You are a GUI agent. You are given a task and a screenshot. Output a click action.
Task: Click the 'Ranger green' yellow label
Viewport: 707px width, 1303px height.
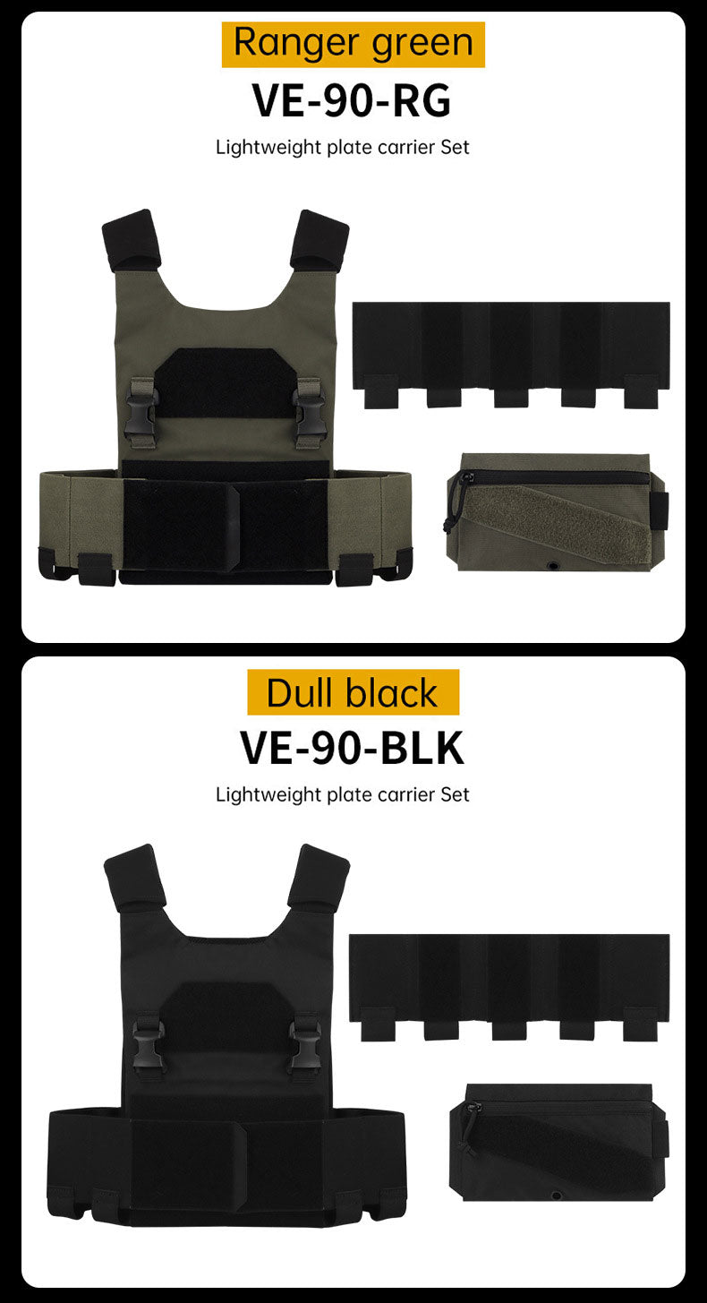[x=353, y=44]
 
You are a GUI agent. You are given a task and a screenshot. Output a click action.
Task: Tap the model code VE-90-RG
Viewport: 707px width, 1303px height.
[x=352, y=100]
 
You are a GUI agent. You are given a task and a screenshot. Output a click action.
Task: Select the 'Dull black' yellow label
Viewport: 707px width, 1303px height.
[x=353, y=691]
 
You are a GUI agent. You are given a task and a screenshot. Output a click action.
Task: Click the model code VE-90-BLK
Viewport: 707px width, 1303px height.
[x=353, y=748]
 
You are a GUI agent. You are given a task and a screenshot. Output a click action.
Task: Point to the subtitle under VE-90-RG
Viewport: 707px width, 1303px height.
[x=342, y=147]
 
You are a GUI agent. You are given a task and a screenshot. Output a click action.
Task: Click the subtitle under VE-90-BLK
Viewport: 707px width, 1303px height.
[x=342, y=794]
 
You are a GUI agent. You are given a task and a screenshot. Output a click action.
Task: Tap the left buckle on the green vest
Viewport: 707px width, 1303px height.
[x=141, y=413]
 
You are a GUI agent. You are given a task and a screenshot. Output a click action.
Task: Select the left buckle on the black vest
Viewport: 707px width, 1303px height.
[x=146, y=1048]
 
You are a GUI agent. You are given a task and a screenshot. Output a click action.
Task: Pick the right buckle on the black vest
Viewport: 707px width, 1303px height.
[x=305, y=1048]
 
